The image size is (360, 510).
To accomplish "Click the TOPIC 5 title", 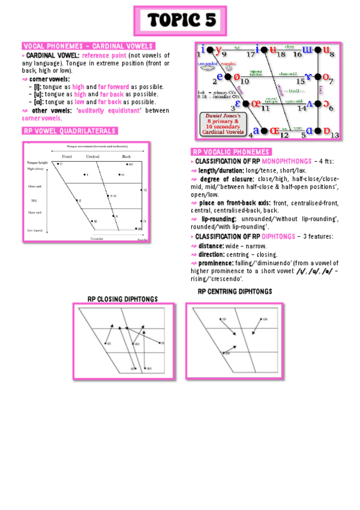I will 181,20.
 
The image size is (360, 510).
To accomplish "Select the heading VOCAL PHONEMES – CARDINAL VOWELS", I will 88,46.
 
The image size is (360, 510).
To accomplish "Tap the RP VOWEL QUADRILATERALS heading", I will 69,131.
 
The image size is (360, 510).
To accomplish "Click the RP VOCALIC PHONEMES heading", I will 231,152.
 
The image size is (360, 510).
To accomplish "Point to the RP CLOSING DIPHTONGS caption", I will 123,298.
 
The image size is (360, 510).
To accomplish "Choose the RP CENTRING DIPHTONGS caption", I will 234,292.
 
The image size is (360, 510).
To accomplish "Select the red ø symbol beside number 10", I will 236,77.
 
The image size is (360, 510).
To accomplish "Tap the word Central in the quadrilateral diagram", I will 93,156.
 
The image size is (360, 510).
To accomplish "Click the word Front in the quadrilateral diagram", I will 67,156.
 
